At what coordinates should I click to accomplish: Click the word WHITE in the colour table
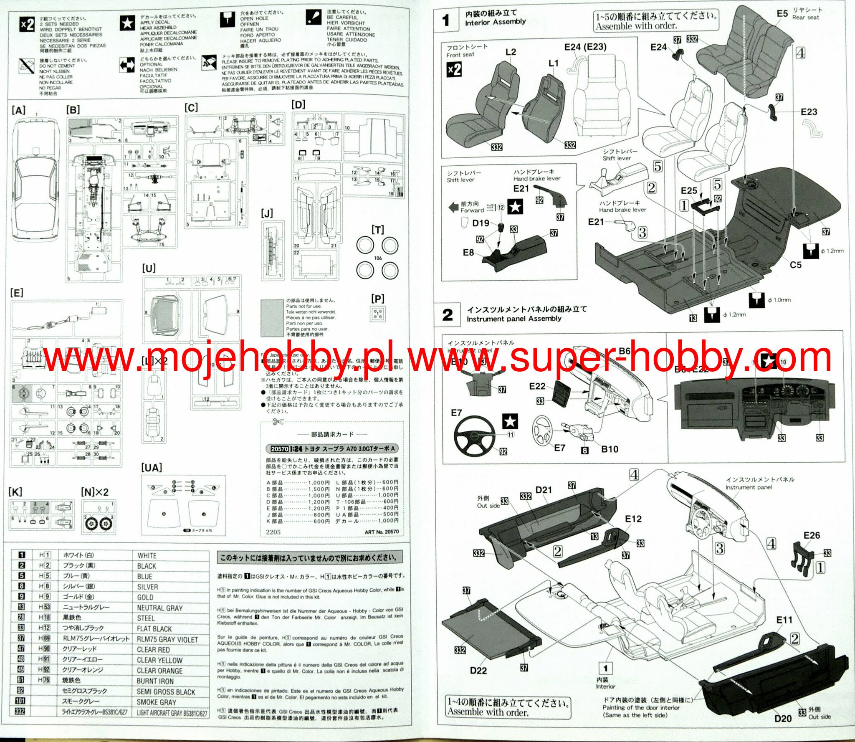[147, 556]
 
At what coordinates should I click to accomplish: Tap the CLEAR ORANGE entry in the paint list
[159, 671]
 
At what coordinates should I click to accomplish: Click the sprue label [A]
[18, 110]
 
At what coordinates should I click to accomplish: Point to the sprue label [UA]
[152, 468]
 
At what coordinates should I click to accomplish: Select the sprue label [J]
[267, 213]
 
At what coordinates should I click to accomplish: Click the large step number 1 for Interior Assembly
[446, 20]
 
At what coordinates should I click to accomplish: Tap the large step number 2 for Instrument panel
[448, 315]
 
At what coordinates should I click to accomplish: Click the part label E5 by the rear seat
[782, 14]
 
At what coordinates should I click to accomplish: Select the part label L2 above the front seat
[511, 52]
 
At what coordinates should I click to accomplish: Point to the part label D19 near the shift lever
[481, 223]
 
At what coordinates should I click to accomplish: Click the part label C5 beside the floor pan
[795, 265]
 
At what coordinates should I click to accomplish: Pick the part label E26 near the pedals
[812, 535]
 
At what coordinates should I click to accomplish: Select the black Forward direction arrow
[453, 207]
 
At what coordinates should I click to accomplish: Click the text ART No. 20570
[382, 532]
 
